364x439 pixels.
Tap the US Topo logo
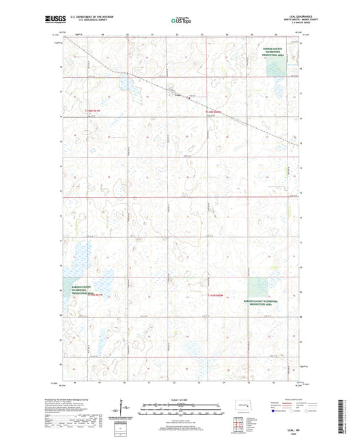[179, 21]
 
